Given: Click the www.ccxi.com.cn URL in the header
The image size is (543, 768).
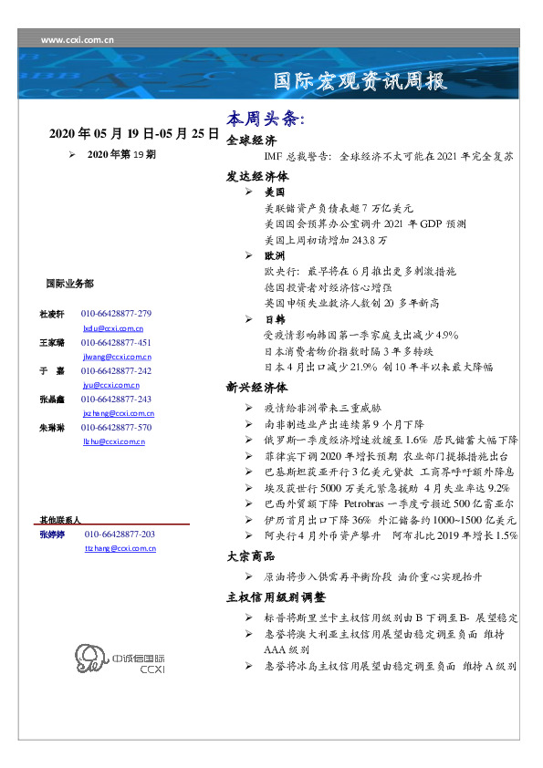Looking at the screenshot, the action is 78,40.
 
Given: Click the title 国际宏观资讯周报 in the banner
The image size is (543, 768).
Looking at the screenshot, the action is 360,81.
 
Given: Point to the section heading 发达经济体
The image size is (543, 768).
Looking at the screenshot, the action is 257,176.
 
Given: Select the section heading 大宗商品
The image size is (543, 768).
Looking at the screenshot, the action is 251,555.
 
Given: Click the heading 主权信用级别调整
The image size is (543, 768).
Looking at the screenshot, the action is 276,597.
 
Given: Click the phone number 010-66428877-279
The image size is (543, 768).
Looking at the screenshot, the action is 116,314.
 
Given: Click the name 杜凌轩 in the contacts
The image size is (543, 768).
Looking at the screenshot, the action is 49,314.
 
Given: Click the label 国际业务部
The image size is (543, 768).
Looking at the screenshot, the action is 68,284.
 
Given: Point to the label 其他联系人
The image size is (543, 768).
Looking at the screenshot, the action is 59,519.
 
